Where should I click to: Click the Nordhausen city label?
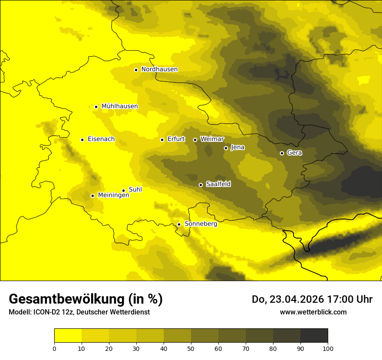pyautogui.click(x=159, y=69)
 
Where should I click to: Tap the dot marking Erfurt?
pyautogui.click(x=162, y=140)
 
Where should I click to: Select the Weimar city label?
pyautogui.click(x=212, y=139)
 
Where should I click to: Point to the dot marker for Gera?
pyautogui.click(x=282, y=153)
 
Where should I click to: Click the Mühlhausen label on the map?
pyautogui.click(x=119, y=106)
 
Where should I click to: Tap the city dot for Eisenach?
pyautogui.click(x=82, y=140)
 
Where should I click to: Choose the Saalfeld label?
pyautogui.click(x=218, y=184)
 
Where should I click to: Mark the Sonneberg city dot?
pyautogui.click(x=179, y=224)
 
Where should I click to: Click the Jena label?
pyautogui.click(x=237, y=147)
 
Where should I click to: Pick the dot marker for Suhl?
pyautogui.click(x=123, y=190)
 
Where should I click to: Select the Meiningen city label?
pyautogui.click(x=113, y=195)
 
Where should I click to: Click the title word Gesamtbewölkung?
pyautogui.click(x=65, y=299)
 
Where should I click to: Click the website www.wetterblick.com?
pyautogui.click(x=313, y=312)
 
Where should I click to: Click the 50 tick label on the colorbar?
pyautogui.click(x=191, y=348)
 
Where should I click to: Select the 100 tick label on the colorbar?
pyautogui.click(x=328, y=348)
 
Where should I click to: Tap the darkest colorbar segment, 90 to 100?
pyautogui.click(x=314, y=336)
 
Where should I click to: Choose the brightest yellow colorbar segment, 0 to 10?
pyautogui.click(x=68, y=336)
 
